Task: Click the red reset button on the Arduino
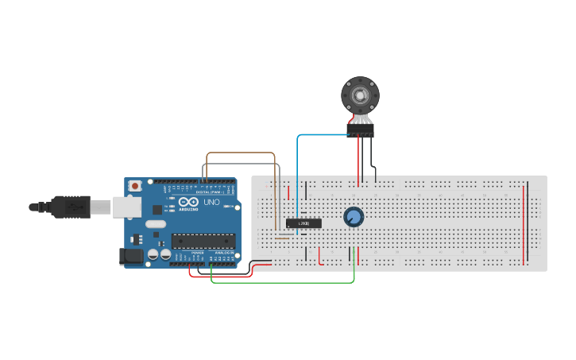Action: [135, 186]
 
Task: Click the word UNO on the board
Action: [212, 202]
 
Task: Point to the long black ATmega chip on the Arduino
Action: [203, 240]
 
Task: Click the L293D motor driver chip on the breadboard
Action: [303, 223]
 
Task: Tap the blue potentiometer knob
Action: [354, 216]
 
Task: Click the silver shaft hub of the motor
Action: [360, 95]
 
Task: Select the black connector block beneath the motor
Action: [360, 130]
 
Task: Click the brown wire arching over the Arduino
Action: [238, 153]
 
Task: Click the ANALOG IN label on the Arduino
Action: [224, 252]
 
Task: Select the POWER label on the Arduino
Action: [197, 252]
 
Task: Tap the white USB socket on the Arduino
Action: [125, 207]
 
